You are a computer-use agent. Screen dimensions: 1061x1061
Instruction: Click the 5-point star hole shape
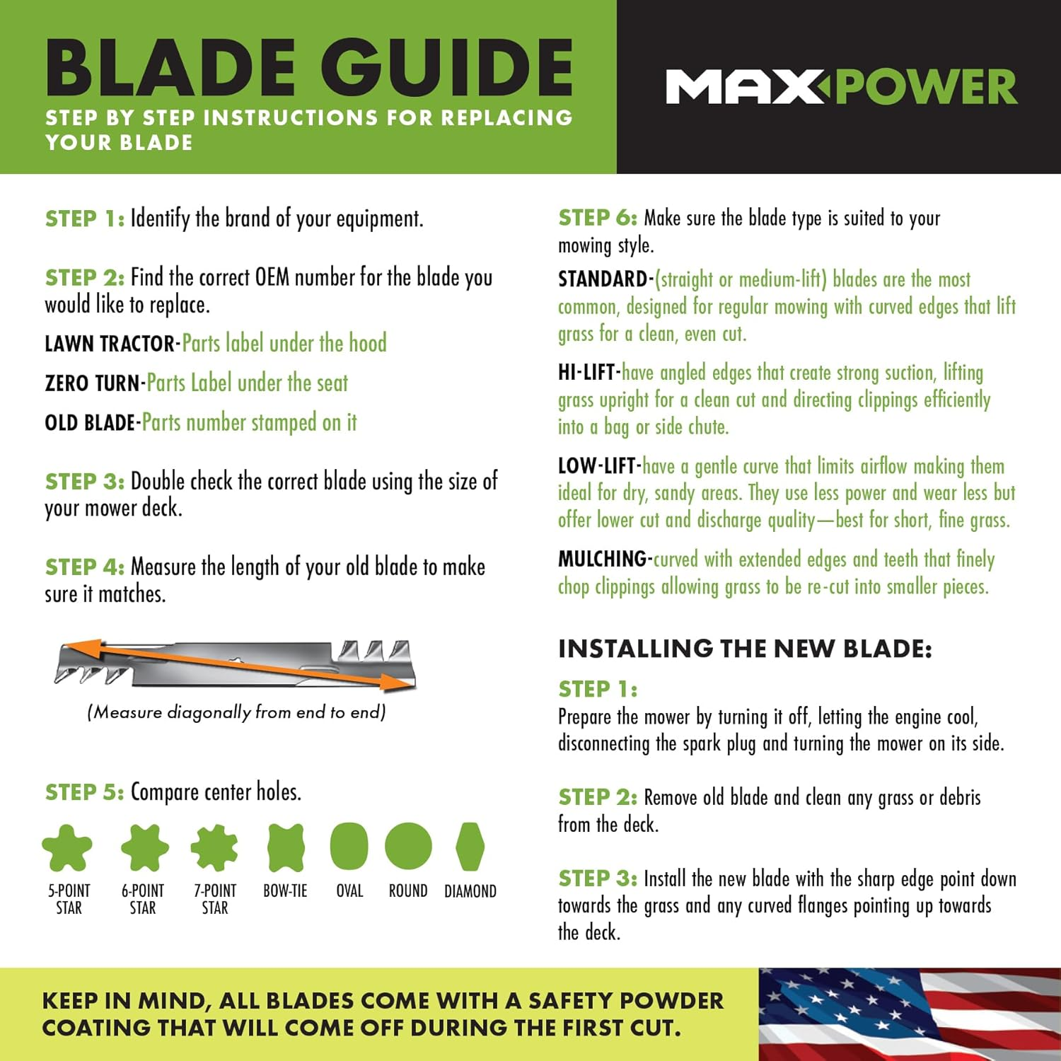click(x=67, y=847)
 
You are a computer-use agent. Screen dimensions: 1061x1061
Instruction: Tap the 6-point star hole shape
click(x=144, y=847)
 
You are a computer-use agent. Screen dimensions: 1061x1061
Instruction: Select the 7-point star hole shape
click(x=214, y=847)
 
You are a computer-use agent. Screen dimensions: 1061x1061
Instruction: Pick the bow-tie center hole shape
click(x=286, y=847)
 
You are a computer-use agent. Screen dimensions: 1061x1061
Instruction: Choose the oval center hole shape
click(x=349, y=847)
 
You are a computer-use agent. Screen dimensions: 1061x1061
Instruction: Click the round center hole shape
click(x=408, y=846)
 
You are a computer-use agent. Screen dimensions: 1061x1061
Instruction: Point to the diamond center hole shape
click(x=470, y=846)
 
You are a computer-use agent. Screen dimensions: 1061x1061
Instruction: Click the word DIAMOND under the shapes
click(x=470, y=891)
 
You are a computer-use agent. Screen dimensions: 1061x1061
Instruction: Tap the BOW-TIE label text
click(x=285, y=891)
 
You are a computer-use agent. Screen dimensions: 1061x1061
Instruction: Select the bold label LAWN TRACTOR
click(x=110, y=344)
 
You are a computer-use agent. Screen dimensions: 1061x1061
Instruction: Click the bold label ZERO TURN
click(x=93, y=383)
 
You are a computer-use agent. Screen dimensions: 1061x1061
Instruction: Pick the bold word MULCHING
click(x=602, y=560)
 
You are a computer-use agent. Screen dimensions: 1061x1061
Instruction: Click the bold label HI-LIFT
click(x=587, y=373)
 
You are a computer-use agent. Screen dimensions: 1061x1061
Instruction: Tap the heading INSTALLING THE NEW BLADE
click(x=745, y=649)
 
